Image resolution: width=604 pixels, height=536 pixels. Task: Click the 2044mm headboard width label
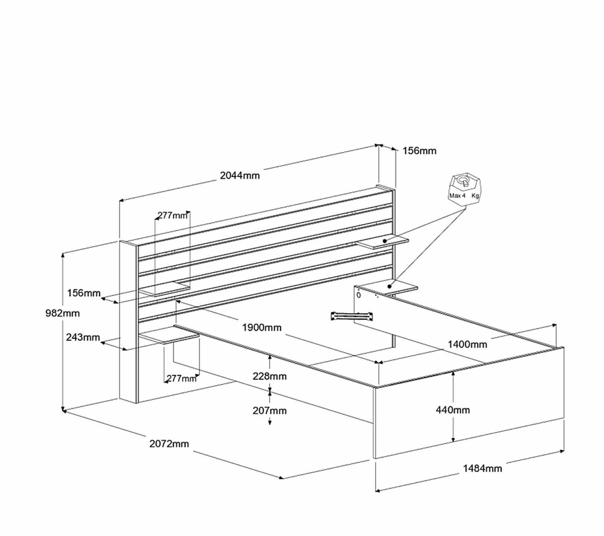pos(240,176)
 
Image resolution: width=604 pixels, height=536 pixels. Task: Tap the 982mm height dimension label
pos(62,313)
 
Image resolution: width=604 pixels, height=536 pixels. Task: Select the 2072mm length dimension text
pos(169,444)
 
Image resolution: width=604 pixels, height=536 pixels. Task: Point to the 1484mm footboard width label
pos(482,468)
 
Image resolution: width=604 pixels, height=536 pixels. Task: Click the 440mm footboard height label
pos(453,410)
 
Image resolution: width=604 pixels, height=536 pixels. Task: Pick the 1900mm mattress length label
pos(262,328)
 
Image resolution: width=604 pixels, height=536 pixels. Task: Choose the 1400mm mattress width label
pos(467,344)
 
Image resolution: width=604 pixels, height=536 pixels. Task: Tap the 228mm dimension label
pos(269,376)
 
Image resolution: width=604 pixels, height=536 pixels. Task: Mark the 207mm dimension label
pos(269,411)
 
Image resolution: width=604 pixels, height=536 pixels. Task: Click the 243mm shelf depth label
pos(83,337)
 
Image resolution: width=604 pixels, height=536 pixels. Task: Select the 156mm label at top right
pos(419,151)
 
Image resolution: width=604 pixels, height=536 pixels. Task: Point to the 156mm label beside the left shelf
pos(84,293)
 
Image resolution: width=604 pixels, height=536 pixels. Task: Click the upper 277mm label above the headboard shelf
pos(172,215)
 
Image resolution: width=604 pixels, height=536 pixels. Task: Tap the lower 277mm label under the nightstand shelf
pos(181,379)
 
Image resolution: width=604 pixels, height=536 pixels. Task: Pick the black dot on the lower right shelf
pos(389,286)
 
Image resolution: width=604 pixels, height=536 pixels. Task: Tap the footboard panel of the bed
pos(469,403)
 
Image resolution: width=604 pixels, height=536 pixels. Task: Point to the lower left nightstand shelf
pos(169,335)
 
